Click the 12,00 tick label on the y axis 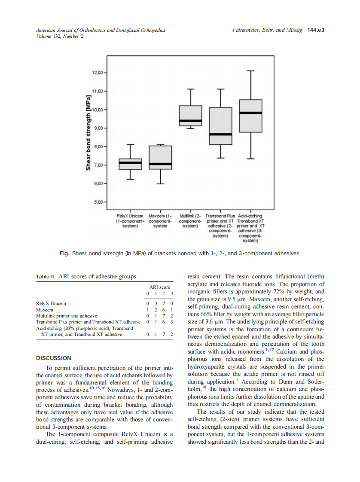pos(98,73)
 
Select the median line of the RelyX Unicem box pos(130,163)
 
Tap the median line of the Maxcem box pos(160,164)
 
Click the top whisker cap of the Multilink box pos(190,89)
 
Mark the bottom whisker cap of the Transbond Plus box pos(220,158)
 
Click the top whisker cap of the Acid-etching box pos(250,70)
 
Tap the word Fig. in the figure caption pos(64,253)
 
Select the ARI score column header pos(159,287)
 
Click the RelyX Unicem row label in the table pos(51,303)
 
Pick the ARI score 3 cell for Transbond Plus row pos(171,321)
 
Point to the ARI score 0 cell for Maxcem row pos(147,309)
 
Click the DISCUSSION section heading pos(53,358)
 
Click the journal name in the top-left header pos(101,31)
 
